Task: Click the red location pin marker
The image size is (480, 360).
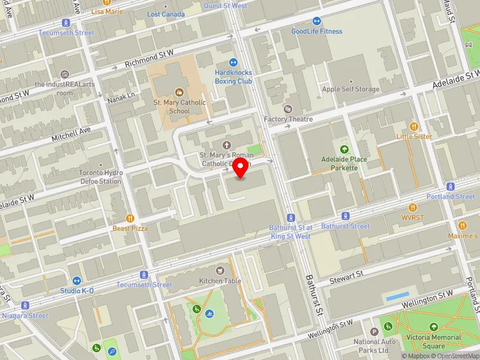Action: pos(241,168)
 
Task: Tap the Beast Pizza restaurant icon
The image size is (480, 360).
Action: pos(130,218)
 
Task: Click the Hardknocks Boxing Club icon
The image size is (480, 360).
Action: pos(233,62)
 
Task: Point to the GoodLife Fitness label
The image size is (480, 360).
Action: pos(317,31)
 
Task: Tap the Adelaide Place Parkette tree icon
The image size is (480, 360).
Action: pos(344,149)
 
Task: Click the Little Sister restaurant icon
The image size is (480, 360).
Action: pos(413,127)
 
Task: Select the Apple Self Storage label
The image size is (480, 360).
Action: pos(351,89)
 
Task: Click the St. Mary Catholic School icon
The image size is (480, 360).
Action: pos(179,92)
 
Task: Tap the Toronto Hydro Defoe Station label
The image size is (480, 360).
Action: pos(101,176)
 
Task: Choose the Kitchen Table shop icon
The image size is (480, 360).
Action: pos(220,271)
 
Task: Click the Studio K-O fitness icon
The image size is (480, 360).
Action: pos(77,281)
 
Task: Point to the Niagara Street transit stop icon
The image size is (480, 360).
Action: pos(25,305)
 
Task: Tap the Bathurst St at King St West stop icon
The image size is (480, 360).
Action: pos(290,218)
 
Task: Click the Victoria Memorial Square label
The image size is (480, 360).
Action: pos(434,341)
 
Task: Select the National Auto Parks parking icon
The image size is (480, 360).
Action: pos(374,332)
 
